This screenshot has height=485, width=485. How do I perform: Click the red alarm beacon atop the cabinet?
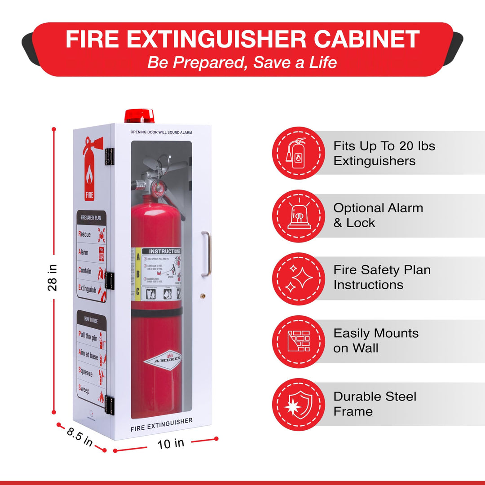click(139, 115)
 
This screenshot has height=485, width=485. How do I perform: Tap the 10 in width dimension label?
click(171, 444)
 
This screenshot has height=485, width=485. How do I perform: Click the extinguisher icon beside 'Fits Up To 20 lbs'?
click(298, 153)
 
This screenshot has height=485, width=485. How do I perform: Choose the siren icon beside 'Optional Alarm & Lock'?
click(298, 216)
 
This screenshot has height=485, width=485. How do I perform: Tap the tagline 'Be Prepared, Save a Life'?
click(242, 62)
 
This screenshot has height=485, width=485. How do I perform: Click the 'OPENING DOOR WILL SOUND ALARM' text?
click(161, 132)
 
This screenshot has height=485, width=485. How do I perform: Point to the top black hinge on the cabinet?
click(109, 156)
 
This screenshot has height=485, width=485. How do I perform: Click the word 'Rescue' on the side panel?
click(84, 234)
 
